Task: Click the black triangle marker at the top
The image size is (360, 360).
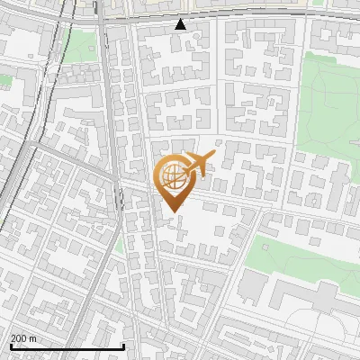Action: (181, 23)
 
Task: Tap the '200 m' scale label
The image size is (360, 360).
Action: (23, 338)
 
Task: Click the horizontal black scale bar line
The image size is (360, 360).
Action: (67, 346)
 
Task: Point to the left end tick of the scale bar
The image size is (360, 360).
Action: (11, 345)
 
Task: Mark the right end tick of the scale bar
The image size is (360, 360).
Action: (123, 345)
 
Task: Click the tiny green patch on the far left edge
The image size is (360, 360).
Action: (5, 80)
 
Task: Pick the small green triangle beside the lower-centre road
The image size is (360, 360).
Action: (119, 243)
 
